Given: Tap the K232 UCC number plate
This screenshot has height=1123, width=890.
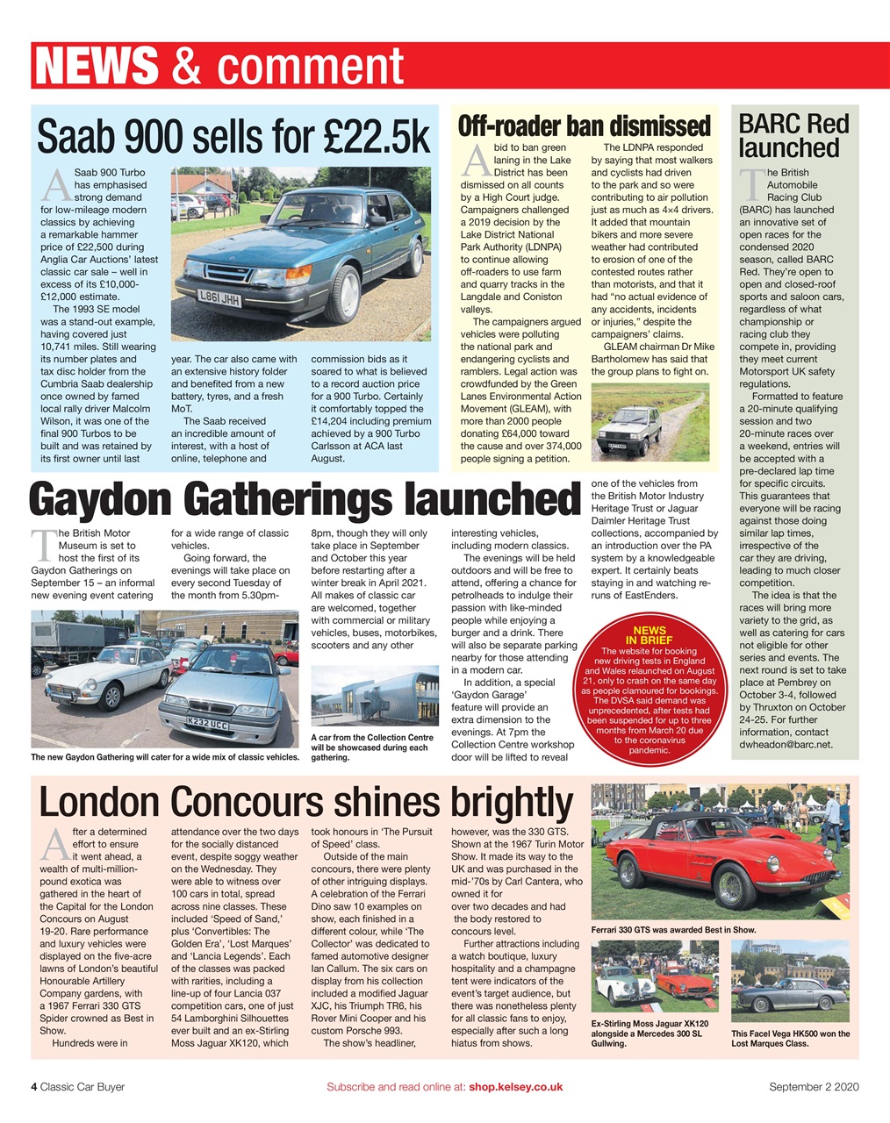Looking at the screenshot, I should [207, 725].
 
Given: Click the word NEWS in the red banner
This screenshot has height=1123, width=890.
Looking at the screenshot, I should [97, 67].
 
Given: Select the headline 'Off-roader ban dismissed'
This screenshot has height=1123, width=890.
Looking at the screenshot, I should [584, 125].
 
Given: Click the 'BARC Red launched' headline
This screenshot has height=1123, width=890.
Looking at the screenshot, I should [793, 135].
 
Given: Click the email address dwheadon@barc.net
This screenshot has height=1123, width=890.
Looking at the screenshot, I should [785, 744].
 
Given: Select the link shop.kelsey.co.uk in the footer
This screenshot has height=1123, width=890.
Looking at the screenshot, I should [515, 1087].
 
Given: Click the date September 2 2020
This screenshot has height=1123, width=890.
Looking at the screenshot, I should [814, 1087].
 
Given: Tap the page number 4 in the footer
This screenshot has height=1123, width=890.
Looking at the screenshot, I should [34, 1087].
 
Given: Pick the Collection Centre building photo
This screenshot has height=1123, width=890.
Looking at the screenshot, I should [375, 696].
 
